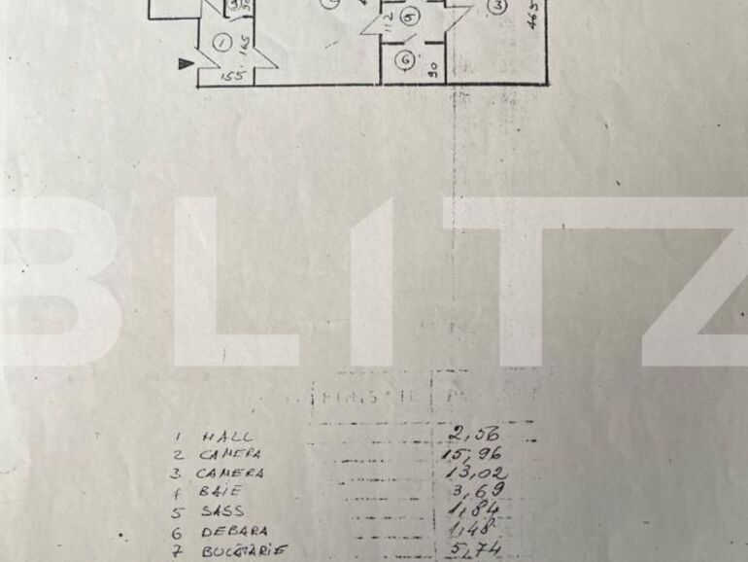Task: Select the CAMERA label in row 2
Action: pos(231,455)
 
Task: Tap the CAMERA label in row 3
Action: pos(231,474)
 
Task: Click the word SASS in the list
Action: pos(224,511)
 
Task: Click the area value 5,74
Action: pos(475,549)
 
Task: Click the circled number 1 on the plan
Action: pos(222,42)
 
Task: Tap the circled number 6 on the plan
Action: pos(404,60)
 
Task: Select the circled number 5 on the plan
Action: pos(409,17)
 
